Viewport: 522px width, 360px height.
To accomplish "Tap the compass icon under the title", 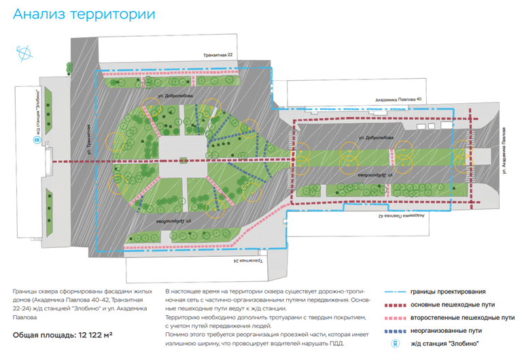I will (25, 51).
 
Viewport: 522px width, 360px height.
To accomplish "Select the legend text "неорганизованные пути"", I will (445, 331).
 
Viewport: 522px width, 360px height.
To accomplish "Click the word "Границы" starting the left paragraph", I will (25, 291).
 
